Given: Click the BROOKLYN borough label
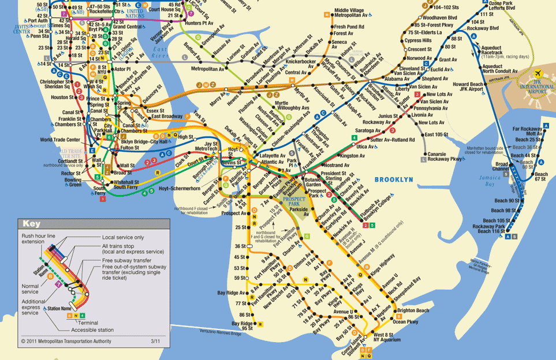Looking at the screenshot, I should click(x=394, y=180).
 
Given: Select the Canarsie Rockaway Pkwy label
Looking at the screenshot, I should click(x=446, y=156).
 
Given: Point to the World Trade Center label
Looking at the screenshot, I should click(x=60, y=140).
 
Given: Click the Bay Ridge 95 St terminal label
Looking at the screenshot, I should click(x=243, y=326).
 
